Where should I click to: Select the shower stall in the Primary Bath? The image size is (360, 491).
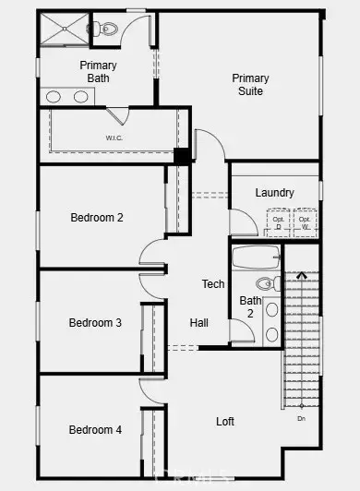pyautogui.click(x=64, y=30)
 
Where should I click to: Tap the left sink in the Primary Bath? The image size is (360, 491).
pyautogui.click(x=54, y=96)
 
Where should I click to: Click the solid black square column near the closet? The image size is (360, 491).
pyautogui.click(x=182, y=156)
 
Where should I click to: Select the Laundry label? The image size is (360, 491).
pyautogui.click(x=274, y=193)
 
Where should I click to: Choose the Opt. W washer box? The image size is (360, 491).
pyautogui.click(x=305, y=222)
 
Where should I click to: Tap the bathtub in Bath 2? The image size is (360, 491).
pyautogui.click(x=256, y=256)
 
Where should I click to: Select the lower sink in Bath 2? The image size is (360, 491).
pyautogui.click(x=272, y=333)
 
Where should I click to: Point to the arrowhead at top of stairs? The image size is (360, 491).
pyautogui.click(x=302, y=273)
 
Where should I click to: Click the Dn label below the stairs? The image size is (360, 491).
pyautogui.click(x=301, y=419)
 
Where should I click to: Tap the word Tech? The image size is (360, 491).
pyautogui.click(x=213, y=284)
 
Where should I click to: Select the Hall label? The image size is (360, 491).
pyautogui.click(x=199, y=323)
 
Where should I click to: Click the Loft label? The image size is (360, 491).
pyautogui.click(x=225, y=421)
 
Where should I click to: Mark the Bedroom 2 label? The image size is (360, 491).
pyautogui.click(x=97, y=218)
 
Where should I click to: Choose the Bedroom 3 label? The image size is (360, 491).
pyautogui.click(x=95, y=323)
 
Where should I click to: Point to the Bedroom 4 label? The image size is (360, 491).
pyautogui.click(x=95, y=430)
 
